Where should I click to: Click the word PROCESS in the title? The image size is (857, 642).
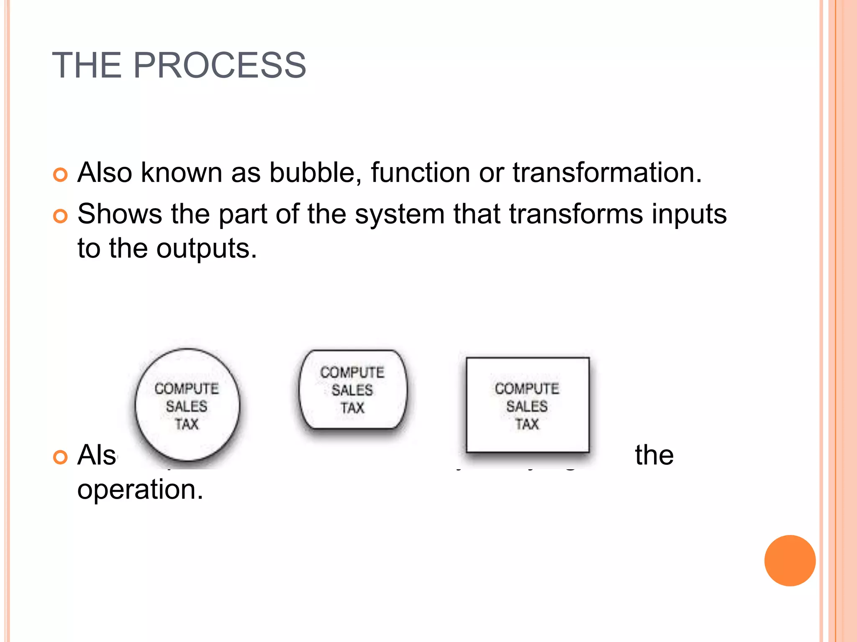(x=219, y=66)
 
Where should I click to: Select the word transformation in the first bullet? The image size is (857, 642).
(x=607, y=173)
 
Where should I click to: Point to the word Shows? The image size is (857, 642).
(x=120, y=214)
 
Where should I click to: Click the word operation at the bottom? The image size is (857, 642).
(x=140, y=490)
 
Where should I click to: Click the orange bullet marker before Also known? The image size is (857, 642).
(x=61, y=174)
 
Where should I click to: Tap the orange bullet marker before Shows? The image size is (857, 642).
(x=61, y=216)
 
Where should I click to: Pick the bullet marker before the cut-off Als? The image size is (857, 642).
(x=61, y=457)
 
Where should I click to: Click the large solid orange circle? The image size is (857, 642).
(x=790, y=560)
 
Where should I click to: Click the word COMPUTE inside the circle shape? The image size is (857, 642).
(x=187, y=389)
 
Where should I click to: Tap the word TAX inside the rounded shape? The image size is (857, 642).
(x=352, y=408)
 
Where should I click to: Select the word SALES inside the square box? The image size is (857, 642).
(x=527, y=406)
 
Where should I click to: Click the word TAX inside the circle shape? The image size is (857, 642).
(x=187, y=424)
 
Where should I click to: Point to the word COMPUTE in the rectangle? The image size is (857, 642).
(x=527, y=389)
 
